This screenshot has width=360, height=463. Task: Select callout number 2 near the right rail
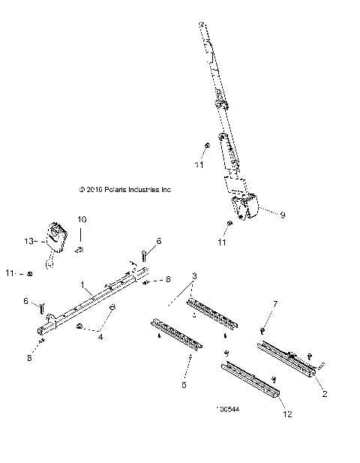pos(324,392)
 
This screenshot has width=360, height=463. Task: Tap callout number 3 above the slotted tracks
pos(195,276)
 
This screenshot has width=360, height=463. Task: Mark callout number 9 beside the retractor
pos(283,216)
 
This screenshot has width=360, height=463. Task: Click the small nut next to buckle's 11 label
pos(28,273)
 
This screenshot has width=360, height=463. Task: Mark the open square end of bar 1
pos(38,329)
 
